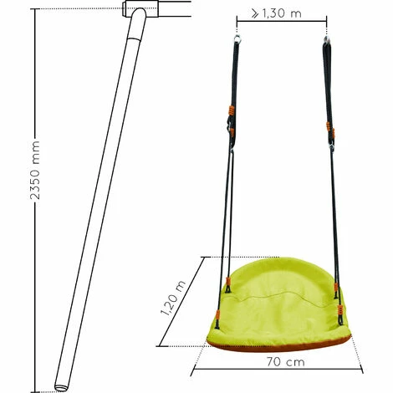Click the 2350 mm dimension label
point(35,171)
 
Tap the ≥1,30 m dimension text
point(276,13)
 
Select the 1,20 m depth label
point(173,299)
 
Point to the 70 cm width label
point(285,362)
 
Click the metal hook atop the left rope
point(237,38)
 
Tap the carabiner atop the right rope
point(327,41)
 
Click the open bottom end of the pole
point(61,387)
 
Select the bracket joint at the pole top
point(141,8)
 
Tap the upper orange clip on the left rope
point(231,110)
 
